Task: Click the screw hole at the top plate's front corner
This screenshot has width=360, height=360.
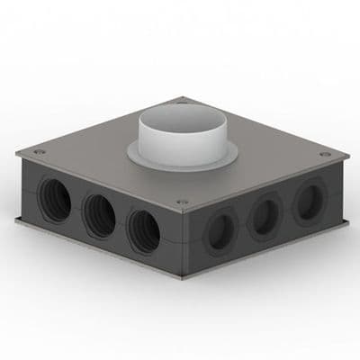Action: pos(182,202)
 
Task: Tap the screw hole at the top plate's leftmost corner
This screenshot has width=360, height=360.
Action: pos(39,152)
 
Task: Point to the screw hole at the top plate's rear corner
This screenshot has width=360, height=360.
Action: pos(184,100)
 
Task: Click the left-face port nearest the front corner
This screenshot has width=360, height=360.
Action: pos(144,230)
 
